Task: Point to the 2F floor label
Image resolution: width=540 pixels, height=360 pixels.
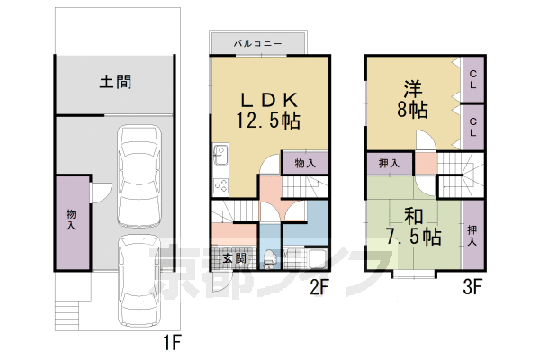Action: tap(321, 288)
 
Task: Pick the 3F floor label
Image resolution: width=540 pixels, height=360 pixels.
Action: tap(473, 288)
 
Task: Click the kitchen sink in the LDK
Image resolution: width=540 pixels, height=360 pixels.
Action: tap(220, 156)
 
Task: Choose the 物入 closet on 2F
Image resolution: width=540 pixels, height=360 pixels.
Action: tap(305, 163)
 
